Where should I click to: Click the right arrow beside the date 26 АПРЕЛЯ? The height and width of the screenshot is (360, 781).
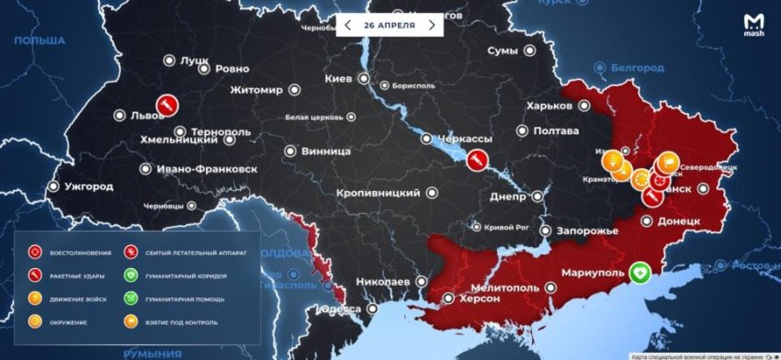[431, 25]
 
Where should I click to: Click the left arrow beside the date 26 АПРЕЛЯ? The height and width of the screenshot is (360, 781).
[348, 25]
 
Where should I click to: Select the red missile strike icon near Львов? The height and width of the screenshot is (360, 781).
[166, 106]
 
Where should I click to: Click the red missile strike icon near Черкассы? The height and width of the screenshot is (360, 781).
[476, 160]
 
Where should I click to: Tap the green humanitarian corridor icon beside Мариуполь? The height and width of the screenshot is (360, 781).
[639, 272]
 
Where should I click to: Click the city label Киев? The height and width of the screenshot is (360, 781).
[338, 79]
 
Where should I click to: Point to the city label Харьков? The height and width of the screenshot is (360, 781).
[549, 106]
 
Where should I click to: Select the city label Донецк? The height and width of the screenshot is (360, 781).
[680, 221]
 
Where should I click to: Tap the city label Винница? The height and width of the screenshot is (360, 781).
[327, 151]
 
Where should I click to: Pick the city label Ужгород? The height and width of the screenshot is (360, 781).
[88, 186]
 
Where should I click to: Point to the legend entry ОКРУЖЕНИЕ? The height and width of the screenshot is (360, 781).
[67, 322]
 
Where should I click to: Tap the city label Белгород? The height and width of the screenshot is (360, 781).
[640, 68]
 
